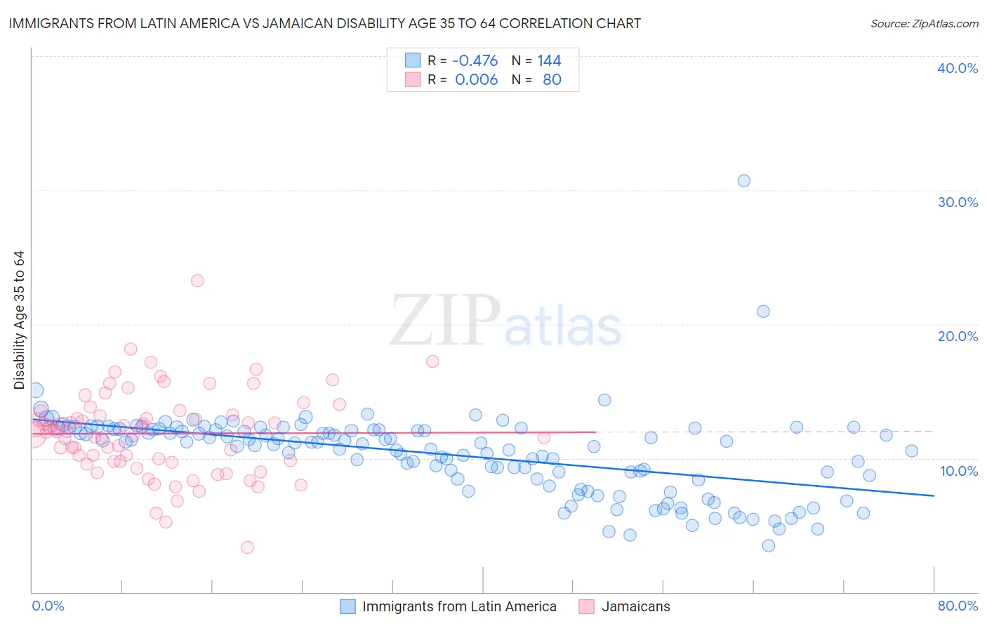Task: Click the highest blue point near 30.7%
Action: tap(744, 180)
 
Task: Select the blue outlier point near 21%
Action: tap(763, 311)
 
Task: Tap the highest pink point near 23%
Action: tap(197, 281)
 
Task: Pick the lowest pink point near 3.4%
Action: tap(247, 547)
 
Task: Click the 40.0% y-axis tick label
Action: tap(958, 68)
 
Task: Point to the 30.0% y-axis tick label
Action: tap(958, 202)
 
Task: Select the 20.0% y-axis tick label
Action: tap(958, 336)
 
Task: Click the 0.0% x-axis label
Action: tap(48, 606)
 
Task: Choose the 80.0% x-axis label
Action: tap(958, 606)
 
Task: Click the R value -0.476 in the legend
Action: tap(475, 61)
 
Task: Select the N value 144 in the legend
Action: tap(549, 61)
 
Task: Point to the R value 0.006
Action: tap(476, 80)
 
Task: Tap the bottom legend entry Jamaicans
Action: tap(635, 606)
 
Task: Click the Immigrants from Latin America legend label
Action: tap(459, 606)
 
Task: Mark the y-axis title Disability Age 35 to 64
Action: tap(19, 320)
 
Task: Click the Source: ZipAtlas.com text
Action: tap(924, 23)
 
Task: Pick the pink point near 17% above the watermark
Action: tap(432, 361)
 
